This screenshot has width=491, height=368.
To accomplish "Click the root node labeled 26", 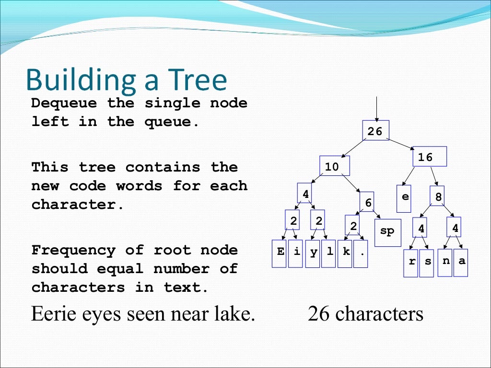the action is pos(375,131).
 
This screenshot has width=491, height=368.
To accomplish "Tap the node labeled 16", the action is pos(430,156).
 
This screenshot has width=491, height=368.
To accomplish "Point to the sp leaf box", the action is pos(387,232).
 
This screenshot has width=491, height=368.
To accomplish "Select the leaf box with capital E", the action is pos(279,253).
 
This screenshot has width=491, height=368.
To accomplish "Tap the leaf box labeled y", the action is pos(313,253).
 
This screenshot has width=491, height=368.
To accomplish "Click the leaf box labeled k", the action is pos(345,253).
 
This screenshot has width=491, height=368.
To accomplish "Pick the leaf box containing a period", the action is pos(361,253).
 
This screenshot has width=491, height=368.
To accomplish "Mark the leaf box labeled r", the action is pos(411,263).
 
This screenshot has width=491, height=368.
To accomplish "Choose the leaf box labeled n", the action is pos(445,262).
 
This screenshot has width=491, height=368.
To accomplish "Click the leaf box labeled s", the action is pos(426,263).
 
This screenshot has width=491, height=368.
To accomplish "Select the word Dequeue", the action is pos(64,103).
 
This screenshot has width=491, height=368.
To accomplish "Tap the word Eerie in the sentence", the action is pos(54,314).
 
